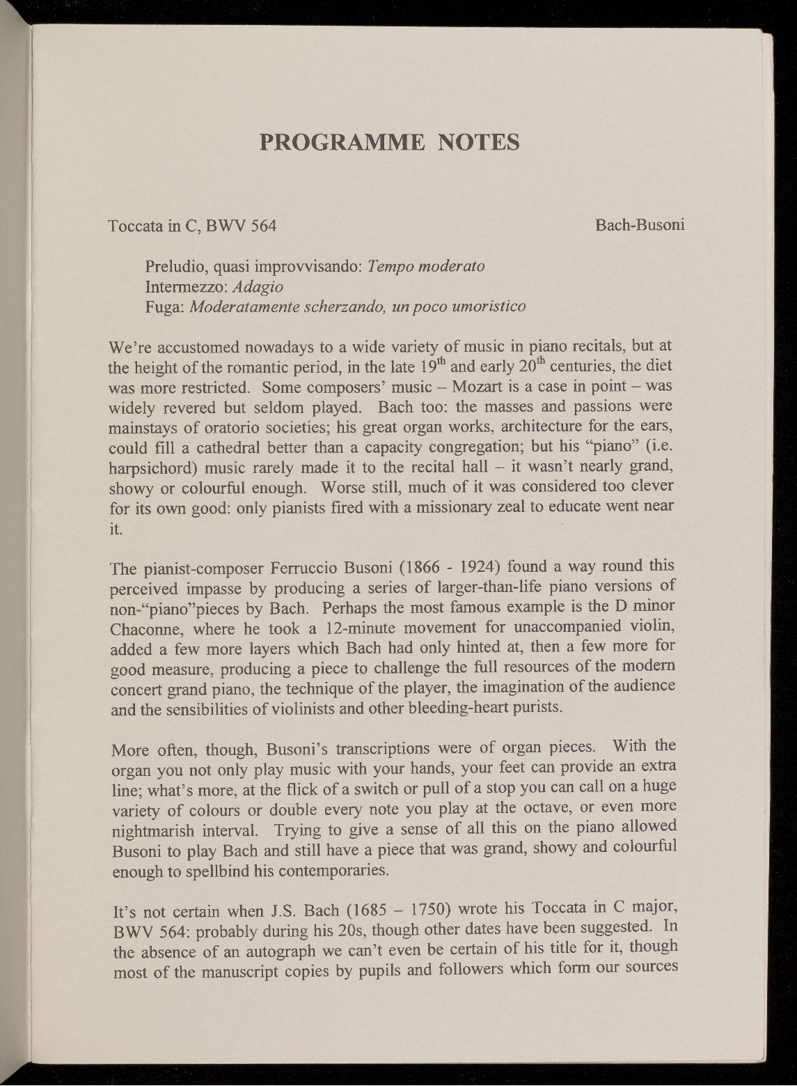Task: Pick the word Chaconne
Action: [x=142, y=629]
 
